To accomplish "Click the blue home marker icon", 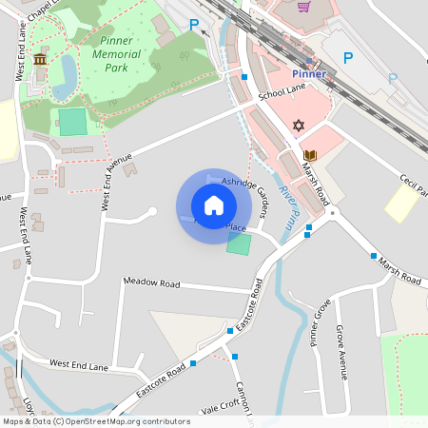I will pyautogui.click(x=214, y=205).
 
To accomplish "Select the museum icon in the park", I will pyautogui.click(x=40, y=60).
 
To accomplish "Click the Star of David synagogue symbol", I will pyautogui.click(x=298, y=125).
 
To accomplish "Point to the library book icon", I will pyautogui.click(x=309, y=155).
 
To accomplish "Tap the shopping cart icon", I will pyautogui.click(x=303, y=7).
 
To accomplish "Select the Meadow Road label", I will pyautogui.click(x=151, y=282).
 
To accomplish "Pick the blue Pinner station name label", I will pyautogui.click(x=308, y=74).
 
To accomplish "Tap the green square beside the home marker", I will pyautogui.click(x=239, y=243).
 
